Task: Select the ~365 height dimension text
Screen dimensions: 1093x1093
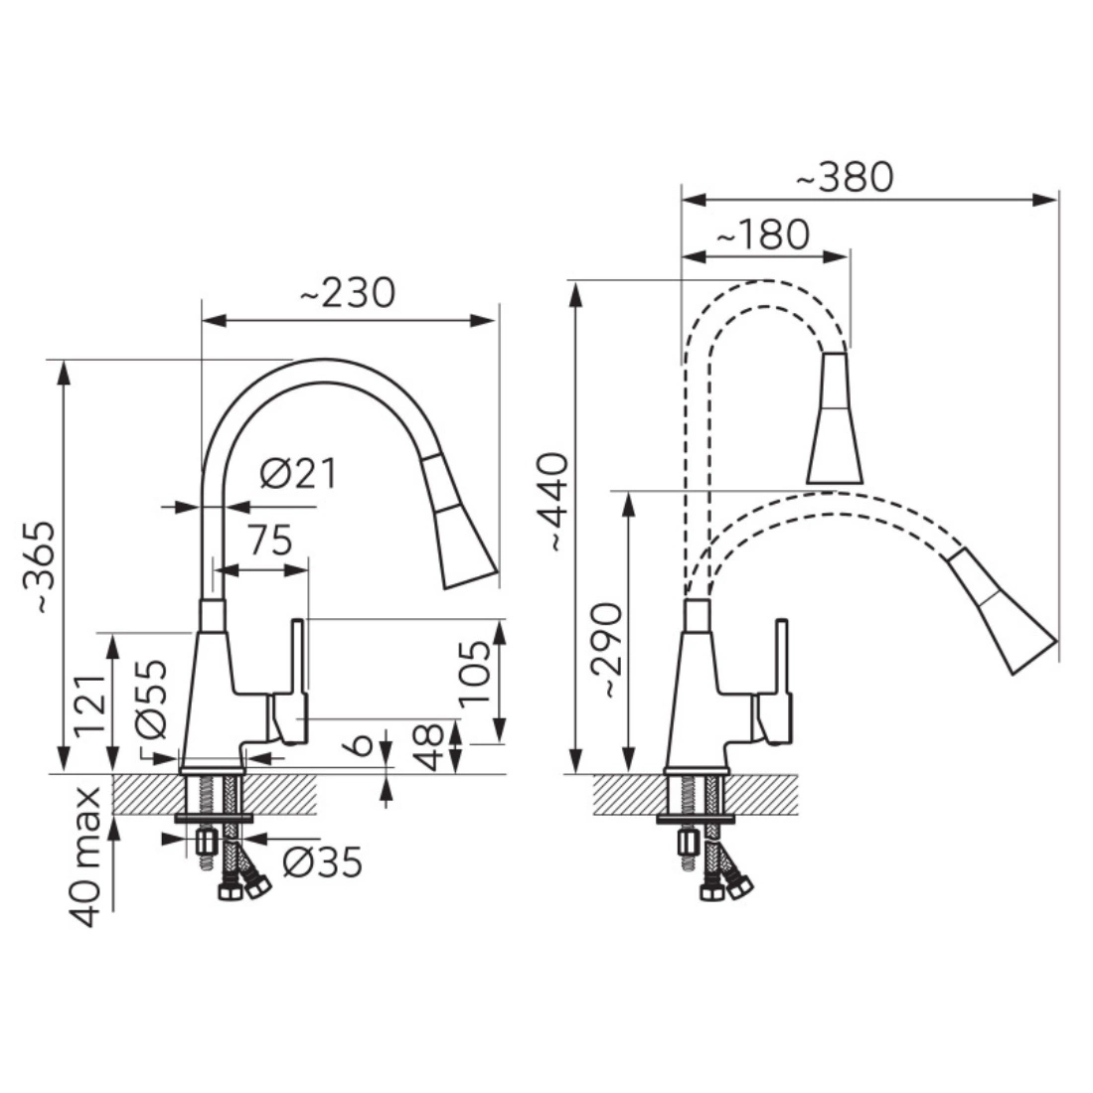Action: (x=39, y=566)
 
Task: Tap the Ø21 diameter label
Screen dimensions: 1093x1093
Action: (x=298, y=474)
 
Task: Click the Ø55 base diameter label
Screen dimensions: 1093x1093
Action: (x=151, y=699)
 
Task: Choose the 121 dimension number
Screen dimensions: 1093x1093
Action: (x=90, y=706)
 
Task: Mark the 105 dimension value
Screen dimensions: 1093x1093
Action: (x=475, y=672)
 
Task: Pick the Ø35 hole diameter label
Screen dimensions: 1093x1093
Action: (x=323, y=862)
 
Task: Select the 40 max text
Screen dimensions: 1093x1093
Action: (x=85, y=857)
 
